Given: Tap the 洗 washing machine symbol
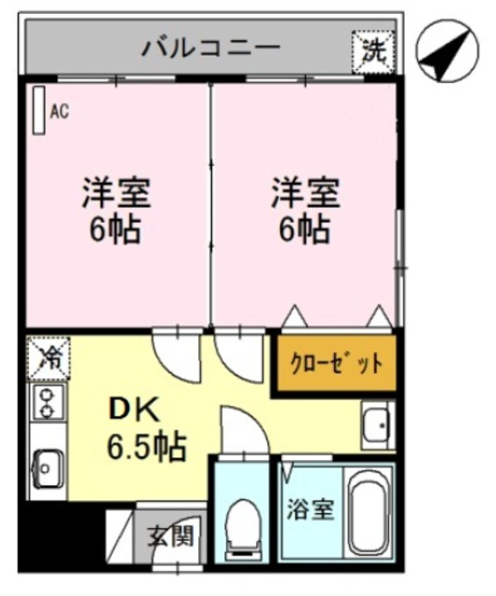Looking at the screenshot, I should click(373, 49).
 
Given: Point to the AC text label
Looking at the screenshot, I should click(60, 112).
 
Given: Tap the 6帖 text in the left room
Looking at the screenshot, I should click(115, 228).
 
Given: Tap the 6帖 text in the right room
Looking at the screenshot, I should click(305, 228).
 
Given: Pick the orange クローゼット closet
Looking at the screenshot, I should click(336, 363).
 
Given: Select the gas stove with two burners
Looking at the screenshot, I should click(45, 403).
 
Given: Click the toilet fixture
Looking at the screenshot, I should click(243, 522).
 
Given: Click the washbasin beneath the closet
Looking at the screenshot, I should click(377, 427).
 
